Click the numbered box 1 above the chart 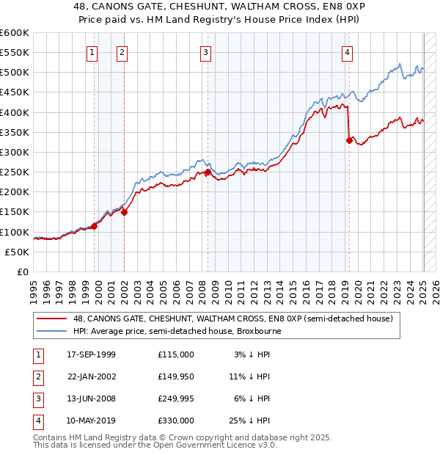pyautogui.click(x=92, y=52)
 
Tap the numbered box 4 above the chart pyautogui.click(x=346, y=52)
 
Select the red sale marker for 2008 pyautogui.click(x=208, y=172)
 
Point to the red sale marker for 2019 pyautogui.click(x=349, y=140)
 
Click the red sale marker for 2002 pyautogui.click(x=125, y=212)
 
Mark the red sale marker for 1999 pyautogui.click(x=95, y=226)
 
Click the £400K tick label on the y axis pyautogui.click(x=14, y=112)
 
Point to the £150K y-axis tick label pyautogui.click(x=14, y=212)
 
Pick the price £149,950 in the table pyautogui.click(x=176, y=376)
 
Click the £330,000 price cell pyautogui.click(x=176, y=421)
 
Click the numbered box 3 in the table pyautogui.click(x=37, y=398)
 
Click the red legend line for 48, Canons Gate pyautogui.click(x=51, y=319)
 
